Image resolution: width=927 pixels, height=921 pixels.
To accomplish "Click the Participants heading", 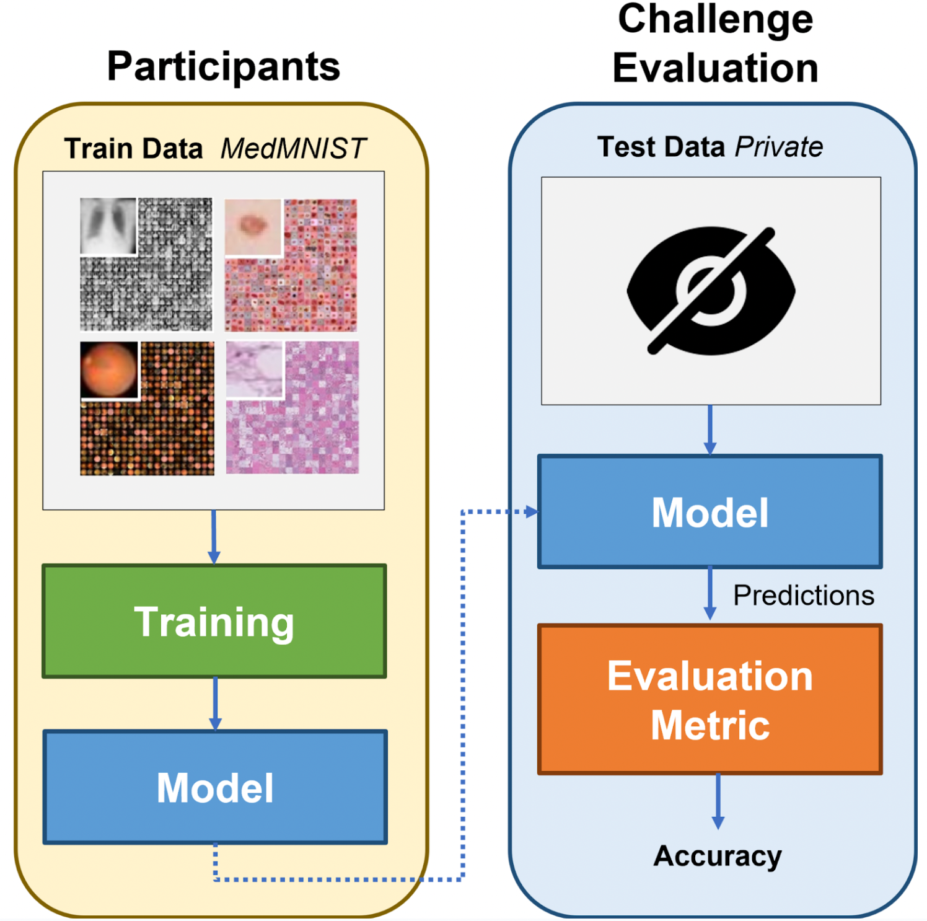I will click(223, 66).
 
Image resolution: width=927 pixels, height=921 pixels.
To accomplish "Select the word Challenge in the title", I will click(715, 20).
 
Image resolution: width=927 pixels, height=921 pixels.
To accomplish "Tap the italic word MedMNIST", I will click(293, 149).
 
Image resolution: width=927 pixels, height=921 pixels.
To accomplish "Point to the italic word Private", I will click(778, 148).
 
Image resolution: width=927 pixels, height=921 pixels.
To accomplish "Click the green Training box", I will click(214, 621).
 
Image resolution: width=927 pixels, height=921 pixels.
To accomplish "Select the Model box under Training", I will click(214, 787).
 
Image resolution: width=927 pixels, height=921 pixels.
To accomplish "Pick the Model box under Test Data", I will click(710, 512).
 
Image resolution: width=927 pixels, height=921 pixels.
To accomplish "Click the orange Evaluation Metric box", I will click(710, 699).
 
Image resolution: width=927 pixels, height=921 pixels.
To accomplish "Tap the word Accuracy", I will click(718, 857).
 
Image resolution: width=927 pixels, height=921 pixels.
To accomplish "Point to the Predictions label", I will click(803, 595).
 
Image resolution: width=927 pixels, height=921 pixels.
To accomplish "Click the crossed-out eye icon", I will click(711, 291).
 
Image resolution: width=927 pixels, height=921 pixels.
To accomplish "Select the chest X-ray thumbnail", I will click(108, 226).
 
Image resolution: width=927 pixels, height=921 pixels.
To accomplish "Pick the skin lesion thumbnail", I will click(253, 227).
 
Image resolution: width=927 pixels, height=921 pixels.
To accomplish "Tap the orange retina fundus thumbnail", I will click(109, 370).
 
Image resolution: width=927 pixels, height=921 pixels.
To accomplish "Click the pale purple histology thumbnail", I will click(255, 369).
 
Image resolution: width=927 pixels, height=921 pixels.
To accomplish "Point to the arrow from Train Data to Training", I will click(214, 537).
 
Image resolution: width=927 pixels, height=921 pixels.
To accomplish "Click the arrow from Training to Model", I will click(215, 704).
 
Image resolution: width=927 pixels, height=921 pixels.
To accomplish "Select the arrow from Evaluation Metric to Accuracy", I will click(718, 802).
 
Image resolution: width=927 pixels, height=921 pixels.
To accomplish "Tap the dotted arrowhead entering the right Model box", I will click(531, 512).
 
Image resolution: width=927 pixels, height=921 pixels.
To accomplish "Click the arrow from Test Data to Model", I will click(710, 430).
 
